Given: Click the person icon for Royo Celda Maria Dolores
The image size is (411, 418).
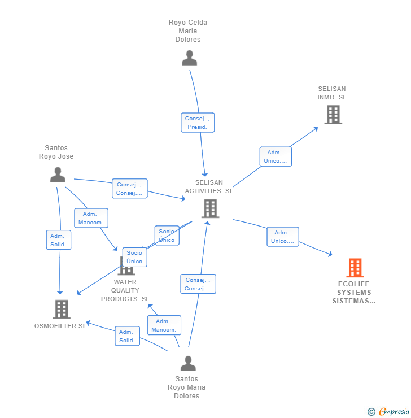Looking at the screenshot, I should click(x=189, y=58).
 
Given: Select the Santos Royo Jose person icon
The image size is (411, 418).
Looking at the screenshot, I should click(x=58, y=175).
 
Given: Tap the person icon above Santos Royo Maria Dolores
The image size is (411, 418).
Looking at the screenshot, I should click(x=188, y=363).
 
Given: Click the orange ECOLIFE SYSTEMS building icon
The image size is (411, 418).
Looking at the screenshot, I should click(x=355, y=268).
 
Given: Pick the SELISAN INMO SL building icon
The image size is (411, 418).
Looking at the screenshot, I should click(x=333, y=115).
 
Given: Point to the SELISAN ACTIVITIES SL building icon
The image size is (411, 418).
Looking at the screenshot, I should click(x=210, y=208).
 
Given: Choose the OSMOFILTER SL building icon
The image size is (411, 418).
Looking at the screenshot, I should click(x=61, y=309).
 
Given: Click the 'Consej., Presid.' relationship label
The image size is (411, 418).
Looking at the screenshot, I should click(x=198, y=123).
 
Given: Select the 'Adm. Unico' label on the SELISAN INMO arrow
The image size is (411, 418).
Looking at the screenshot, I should click(x=275, y=156).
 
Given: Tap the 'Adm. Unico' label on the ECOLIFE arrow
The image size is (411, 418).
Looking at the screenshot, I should click(x=282, y=237).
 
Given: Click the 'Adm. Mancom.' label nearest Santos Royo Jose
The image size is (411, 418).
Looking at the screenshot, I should click(x=90, y=218).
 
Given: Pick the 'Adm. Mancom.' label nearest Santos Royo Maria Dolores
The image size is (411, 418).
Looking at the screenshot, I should click(x=164, y=325).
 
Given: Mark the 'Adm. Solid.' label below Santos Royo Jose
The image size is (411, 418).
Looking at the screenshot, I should click(x=58, y=240).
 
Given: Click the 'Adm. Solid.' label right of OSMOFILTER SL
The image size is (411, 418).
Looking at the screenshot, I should click(x=127, y=336).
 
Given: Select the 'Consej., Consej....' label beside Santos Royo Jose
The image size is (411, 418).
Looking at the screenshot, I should click(x=129, y=189).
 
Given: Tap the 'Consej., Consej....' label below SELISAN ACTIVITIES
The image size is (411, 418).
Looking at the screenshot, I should click(x=198, y=284).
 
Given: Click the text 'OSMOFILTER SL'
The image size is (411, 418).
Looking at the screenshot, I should click(x=60, y=326).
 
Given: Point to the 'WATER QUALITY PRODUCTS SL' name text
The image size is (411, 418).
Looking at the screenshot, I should click(x=125, y=290).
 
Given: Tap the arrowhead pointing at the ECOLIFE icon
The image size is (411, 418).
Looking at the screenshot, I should click(x=331, y=255).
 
